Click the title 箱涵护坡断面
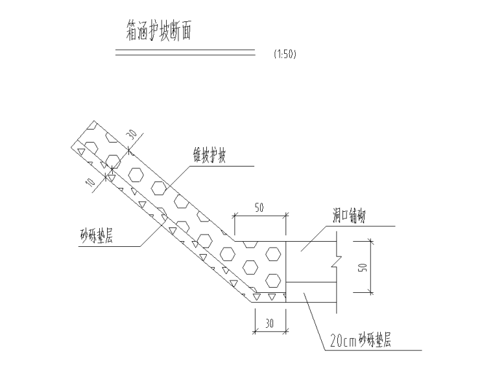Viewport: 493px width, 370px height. click(x=158, y=30)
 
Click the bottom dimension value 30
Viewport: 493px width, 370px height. click(x=268, y=322)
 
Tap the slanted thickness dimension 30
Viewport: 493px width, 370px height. click(x=132, y=135)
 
